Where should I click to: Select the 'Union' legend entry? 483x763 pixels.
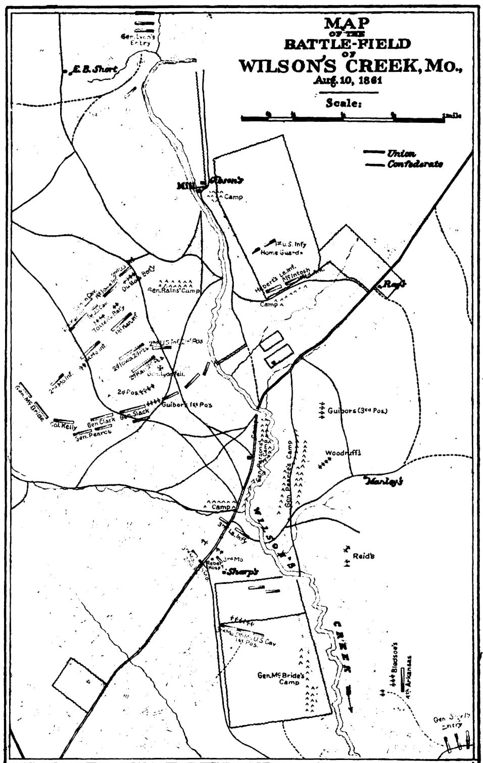(x=401, y=153)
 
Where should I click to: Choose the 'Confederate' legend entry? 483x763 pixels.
(x=415, y=164)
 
